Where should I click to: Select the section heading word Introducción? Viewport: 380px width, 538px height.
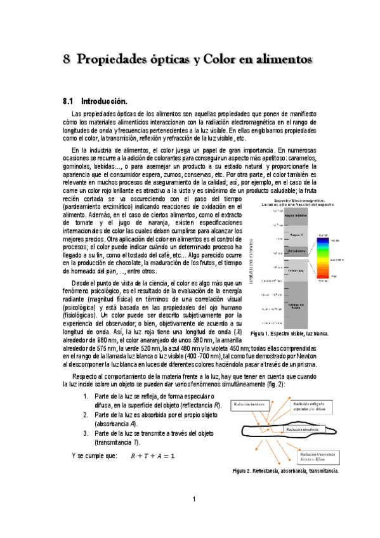(x=104, y=101)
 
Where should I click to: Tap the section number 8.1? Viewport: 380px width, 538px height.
(x=69, y=101)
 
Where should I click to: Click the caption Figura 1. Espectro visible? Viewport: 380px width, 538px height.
(x=289, y=334)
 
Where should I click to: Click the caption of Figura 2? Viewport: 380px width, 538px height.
(x=285, y=471)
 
